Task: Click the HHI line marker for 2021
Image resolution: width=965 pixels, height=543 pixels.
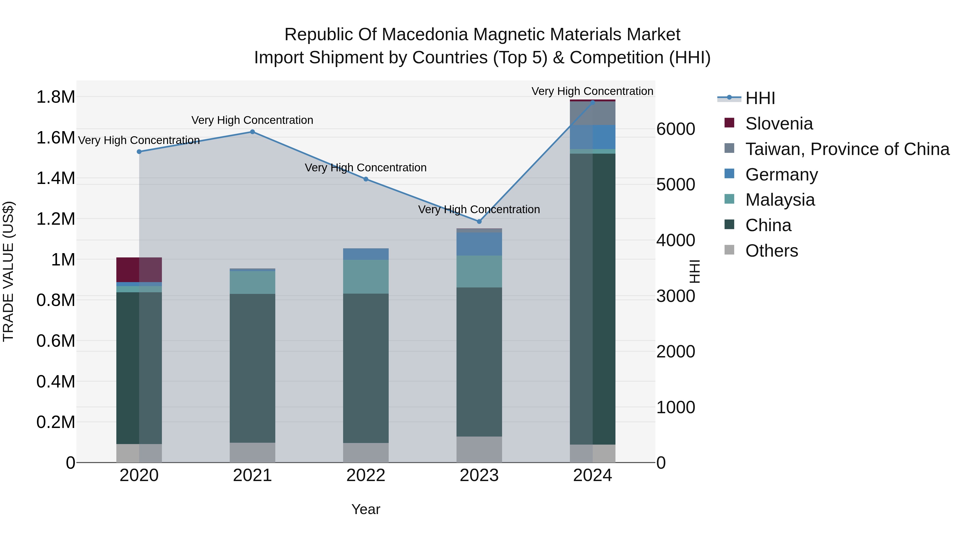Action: pos(252,132)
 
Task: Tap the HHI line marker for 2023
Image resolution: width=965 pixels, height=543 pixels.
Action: pos(479,221)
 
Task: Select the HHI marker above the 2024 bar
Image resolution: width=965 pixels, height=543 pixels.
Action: pos(592,102)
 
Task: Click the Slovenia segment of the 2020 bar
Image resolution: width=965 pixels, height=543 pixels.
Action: pos(139,270)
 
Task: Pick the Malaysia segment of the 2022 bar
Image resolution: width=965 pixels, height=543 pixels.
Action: pos(366,276)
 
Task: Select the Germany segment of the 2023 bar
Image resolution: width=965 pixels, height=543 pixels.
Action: pos(479,244)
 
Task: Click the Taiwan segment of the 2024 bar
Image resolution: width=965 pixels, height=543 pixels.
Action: pos(592,113)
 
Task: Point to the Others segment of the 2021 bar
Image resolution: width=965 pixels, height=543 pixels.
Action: pos(252,452)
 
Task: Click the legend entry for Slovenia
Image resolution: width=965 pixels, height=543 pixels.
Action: pos(778,124)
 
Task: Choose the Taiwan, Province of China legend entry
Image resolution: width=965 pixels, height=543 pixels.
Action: pos(847,149)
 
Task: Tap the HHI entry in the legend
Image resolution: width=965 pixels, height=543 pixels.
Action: pos(760,98)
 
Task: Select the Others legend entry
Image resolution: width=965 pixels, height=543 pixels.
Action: pos(771,251)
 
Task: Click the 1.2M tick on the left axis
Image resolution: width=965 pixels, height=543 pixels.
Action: pos(55,219)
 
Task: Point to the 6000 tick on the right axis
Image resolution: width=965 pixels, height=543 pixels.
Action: pos(675,129)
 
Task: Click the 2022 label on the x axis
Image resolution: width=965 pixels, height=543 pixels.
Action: pos(366,475)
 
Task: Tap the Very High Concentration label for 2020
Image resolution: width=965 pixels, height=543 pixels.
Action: pos(139,140)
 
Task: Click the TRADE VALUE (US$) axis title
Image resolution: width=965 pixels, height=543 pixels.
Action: pos(8,271)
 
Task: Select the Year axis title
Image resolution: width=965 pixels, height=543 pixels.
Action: pos(366,509)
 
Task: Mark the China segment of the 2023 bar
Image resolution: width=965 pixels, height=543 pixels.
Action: pos(479,362)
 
